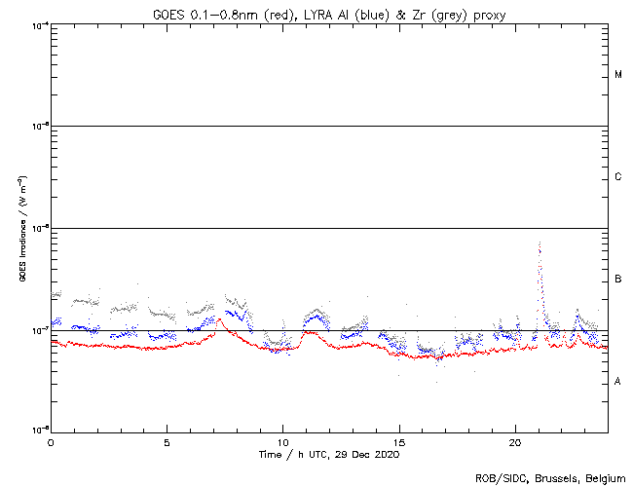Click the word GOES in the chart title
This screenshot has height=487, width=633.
[168, 13]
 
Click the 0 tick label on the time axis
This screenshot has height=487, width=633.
[51, 441]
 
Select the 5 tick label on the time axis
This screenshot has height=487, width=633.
[167, 441]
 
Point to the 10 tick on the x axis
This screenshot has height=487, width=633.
[282, 441]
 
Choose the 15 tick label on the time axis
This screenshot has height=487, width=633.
[399, 441]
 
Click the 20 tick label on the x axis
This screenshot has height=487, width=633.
[515, 441]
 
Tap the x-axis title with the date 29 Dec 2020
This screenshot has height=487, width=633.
[329, 454]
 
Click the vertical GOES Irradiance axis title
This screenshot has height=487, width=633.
[21, 229]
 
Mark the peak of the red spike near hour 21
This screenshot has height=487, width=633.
[540, 243]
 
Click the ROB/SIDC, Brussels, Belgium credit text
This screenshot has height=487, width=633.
[549, 478]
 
